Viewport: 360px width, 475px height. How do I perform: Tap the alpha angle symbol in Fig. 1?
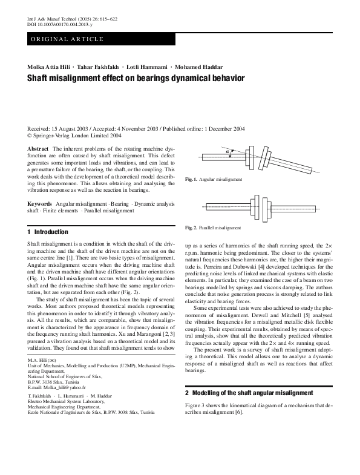pos(227,152)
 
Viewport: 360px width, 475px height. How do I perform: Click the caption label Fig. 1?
pos(191,180)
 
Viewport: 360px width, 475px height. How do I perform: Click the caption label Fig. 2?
pos(191,228)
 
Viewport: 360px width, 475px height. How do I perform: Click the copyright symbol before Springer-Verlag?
pos(30,136)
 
